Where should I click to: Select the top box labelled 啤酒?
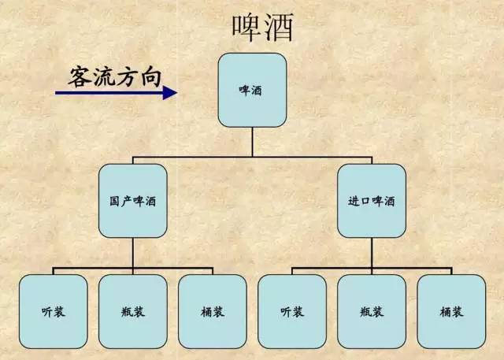coord(252,91)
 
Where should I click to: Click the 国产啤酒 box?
coord(132,201)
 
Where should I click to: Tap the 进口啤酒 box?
coord(372,201)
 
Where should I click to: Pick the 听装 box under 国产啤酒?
coord(53,310)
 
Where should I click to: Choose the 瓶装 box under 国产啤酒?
coord(132,310)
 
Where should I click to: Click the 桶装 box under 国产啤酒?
coord(212,310)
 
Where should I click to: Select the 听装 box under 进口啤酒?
coord(291,310)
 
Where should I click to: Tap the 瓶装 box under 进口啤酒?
coord(372,310)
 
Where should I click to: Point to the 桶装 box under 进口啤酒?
coord(451,310)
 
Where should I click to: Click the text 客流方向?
coord(117,76)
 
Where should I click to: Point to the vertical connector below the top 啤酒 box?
coord(252,143)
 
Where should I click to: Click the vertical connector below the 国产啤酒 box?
coord(132,253)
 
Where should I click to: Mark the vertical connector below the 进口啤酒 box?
coord(372,253)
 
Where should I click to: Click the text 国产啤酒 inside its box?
coord(132,202)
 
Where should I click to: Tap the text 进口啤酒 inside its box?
coord(372,202)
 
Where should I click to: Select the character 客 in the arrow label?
coord(80,76)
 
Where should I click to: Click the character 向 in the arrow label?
coord(151,76)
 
